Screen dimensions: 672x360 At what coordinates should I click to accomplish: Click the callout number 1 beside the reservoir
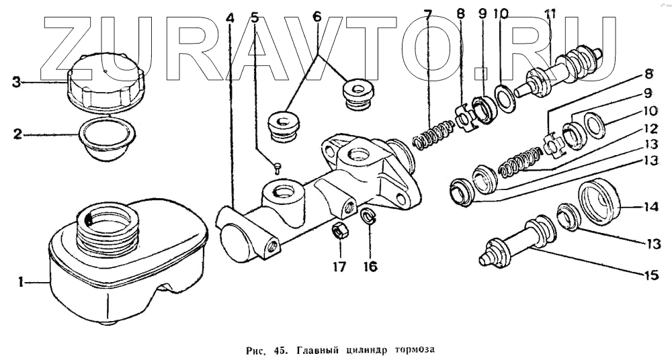tap(21, 283)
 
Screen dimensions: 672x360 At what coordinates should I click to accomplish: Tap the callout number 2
tap(17, 134)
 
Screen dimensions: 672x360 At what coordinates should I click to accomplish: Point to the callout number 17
tap(339, 267)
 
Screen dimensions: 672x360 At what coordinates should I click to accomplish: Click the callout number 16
tap(370, 267)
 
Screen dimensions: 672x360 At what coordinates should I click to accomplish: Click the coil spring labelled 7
tap(430, 134)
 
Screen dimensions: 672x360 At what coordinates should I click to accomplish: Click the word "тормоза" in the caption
tap(413, 349)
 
